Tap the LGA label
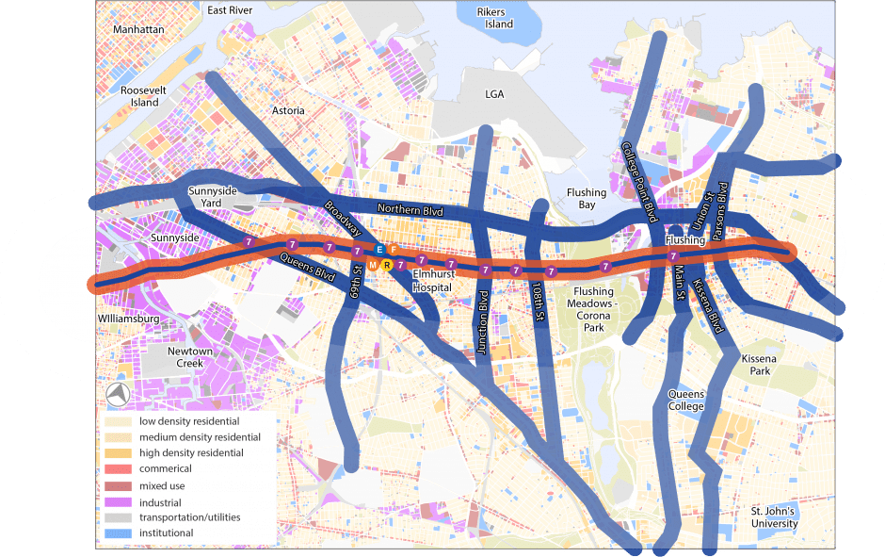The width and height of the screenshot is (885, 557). pyautogui.click(x=494, y=94)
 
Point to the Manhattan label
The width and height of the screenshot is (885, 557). pyautogui.click(x=138, y=29)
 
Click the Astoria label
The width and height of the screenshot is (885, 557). pyautogui.click(x=288, y=110)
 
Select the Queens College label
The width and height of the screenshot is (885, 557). pyautogui.click(x=685, y=400)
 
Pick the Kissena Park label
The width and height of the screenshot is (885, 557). pyautogui.click(x=756, y=366)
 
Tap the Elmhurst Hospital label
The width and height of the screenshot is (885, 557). pyautogui.click(x=433, y=281)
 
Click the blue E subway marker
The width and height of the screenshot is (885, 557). pyautogui.click(x=379, y=250)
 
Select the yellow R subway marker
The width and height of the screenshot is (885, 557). pyautogui.click(x=386, y=266)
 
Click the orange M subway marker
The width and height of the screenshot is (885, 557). pyautogui.click(x=373, y=266)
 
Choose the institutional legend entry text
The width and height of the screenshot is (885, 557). pyautogui.click(x=166, y=533)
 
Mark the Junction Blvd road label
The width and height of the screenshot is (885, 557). pyautogui.click(x=483, y=320)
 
